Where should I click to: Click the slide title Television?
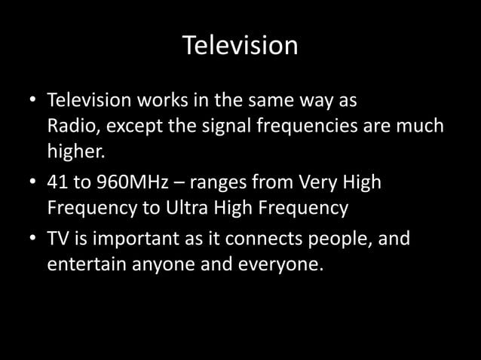pos(240,47)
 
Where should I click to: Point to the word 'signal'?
pos(219,127)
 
